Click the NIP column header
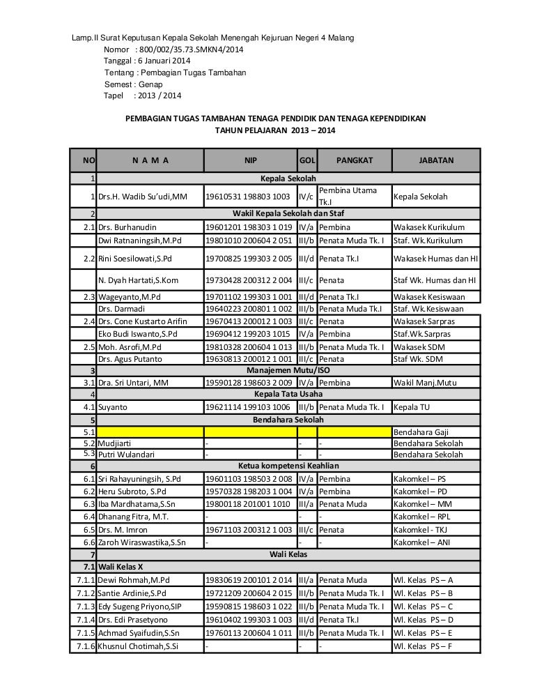pos(250,160)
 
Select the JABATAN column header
pos(436,160)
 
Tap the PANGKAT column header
pos(355,160)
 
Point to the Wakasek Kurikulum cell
pos(427,227)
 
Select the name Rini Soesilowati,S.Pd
pos(136,259)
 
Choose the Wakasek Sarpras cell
pos(422,322)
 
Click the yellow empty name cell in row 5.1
pos(150,432)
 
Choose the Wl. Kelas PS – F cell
pos(423,646)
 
